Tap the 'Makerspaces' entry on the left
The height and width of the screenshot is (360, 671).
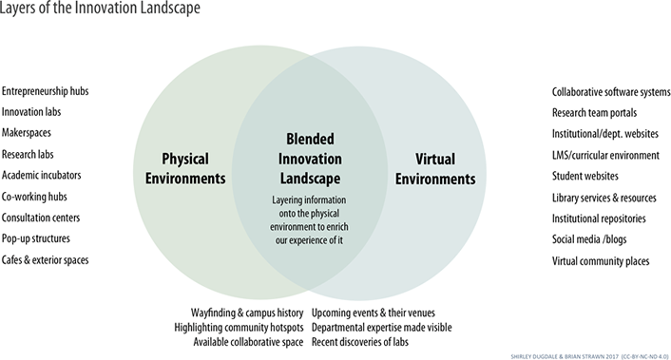(x=28, y=134)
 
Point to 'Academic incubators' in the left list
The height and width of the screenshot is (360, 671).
(x=41, y=176)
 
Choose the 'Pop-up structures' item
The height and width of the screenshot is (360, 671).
(x=36, y=238)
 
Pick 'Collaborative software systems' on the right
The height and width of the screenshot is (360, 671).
(x=611, y=92)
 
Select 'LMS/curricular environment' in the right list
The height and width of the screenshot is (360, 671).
(x=605, y=155)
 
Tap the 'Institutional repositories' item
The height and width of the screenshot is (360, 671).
(x=600, y=218)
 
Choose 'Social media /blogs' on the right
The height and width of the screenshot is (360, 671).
(x=588, y=238)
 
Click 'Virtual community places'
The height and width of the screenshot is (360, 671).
(x=601, y=259)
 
